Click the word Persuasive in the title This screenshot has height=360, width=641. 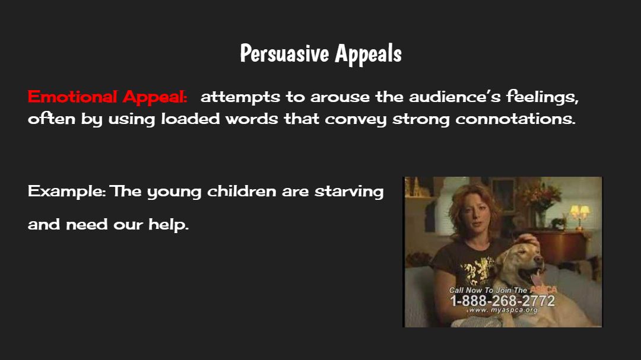point(284,53)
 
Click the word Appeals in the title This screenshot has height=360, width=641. point(369,53)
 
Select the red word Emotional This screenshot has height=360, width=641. point(72,97)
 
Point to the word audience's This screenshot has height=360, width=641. point(455,97)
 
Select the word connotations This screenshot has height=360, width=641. point(516,119)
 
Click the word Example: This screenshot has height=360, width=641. point(67,192)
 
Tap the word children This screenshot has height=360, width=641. point(242,191)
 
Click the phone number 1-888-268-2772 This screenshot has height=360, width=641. point(503,301)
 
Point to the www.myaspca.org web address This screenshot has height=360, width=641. point(503,310)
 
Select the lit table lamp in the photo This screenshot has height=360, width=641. point(579,215)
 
